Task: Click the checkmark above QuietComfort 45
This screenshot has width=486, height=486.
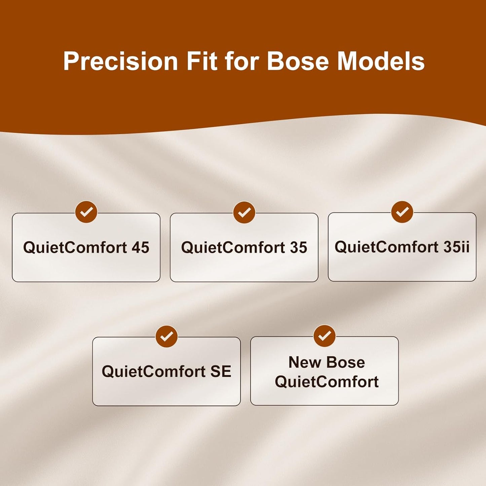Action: (x=86, y=212)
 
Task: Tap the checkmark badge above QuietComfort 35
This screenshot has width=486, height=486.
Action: (x=244, y=212)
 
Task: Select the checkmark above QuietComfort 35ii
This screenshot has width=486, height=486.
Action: (x=402, y=212)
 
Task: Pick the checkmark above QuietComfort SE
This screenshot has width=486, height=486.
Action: (x=166, y=336)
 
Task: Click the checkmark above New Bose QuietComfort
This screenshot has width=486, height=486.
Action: (x=325, y=336)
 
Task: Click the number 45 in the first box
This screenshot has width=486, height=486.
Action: (x=141, y=248)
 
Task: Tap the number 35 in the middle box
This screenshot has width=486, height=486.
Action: (x=298, y=248)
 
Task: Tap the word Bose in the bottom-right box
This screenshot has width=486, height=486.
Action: (x=345, y=363)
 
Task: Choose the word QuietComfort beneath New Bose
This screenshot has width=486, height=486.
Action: (x=327, y=382)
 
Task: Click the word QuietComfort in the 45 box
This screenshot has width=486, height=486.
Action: (x=75, y=248)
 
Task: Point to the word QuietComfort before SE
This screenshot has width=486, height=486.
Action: (x=154, y=372)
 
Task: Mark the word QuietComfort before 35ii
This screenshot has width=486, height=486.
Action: (x=387, y=247)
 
